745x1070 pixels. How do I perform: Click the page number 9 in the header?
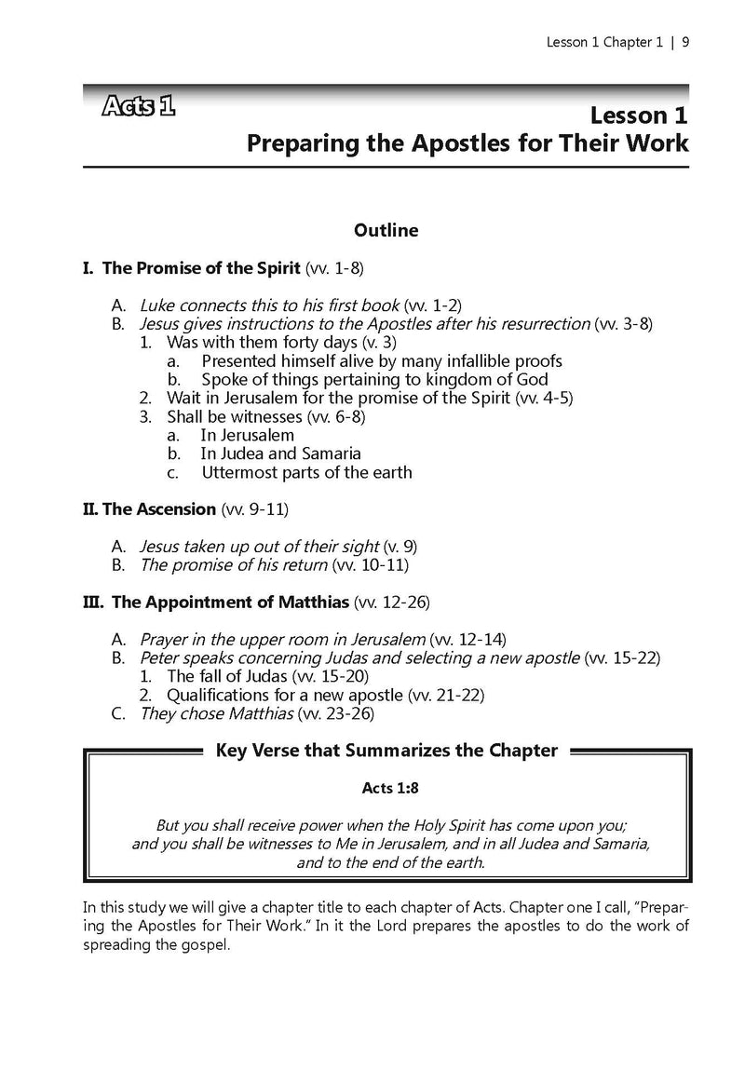click(x=685, y=42)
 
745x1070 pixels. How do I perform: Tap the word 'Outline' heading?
click(x=386, y=229)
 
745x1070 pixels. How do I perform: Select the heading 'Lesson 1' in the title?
click(x=638, y=115)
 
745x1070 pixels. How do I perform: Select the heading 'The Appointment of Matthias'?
click(x=230, y=602)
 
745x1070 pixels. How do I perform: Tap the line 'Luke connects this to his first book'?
click(x=269, y=305)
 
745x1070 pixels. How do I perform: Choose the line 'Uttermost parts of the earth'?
click(x=306, y=472)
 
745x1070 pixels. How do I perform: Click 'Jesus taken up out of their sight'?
click(x=259, y=547)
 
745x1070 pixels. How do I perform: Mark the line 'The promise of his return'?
click(x=233, y=565)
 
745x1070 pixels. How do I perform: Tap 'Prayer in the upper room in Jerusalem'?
click(x=282, y=639)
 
